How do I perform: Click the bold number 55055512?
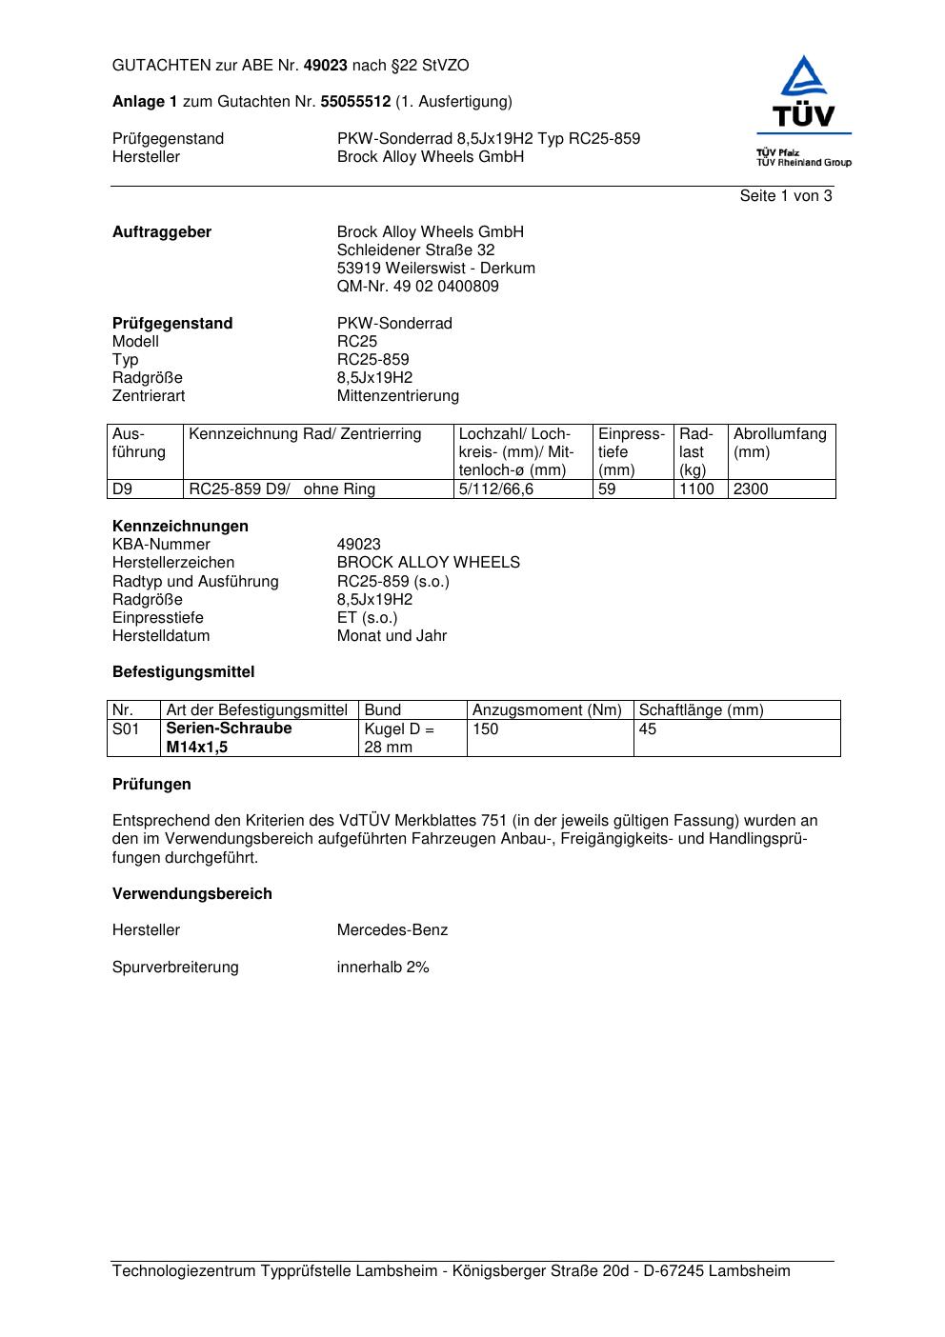[x=355, y=101]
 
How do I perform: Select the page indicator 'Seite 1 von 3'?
[x=786, y=196]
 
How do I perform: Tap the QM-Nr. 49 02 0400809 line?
[x=417, y=286]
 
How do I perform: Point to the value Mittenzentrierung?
[x=397, y=395]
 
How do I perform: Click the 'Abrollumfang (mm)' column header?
[x=779, y=443]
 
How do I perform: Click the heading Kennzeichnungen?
[x=180, y=526]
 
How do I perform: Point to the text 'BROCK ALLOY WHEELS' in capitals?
[x=428, y=562]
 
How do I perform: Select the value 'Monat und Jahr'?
[x=392, y=635]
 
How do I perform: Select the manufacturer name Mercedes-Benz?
[x=392, y=929]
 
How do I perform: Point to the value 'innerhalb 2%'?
[x=383, y=967]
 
